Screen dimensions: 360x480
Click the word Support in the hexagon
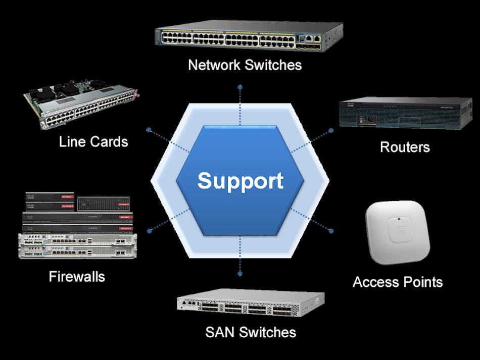click(x=240, y=181)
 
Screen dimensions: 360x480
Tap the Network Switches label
click(x=245, y=65)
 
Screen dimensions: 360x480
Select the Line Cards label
click(x=93, y=141)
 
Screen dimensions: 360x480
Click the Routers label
click(x=405, y=147)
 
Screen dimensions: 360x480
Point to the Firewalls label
click(x=77, y=277)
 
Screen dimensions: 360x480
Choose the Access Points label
click(x=398, y=282)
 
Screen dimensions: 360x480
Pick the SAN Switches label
click(x=251, y=332)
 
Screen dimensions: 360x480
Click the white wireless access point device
click(x=398, y=232)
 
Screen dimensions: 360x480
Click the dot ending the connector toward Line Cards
click(x=149, y=130)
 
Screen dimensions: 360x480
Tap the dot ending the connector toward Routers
click(x=331, y=130)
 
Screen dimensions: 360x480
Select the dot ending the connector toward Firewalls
click(x=149, y=231)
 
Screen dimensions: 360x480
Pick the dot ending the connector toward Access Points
click(x=331, y=231)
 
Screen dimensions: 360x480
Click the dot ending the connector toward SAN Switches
click(x=240, y=273)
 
